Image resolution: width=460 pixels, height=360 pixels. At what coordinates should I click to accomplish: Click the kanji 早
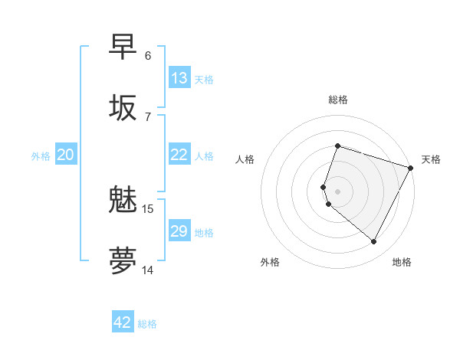coord(123,47)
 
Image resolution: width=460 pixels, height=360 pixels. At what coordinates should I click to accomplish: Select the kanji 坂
coord(123,106)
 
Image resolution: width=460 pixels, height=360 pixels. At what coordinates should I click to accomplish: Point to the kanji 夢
coord(123,260)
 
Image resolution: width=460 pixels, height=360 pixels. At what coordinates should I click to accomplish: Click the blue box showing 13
coord(179,78)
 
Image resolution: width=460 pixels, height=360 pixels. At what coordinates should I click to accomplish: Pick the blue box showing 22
coord(179,155)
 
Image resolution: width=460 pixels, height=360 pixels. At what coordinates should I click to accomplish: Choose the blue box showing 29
coord(179,231)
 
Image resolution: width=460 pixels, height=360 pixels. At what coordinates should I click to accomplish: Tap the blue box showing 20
coord(66,155)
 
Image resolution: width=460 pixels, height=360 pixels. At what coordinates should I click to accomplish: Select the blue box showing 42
coord(123,322)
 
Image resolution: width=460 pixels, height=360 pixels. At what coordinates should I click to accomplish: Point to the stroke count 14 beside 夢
coord(148,270)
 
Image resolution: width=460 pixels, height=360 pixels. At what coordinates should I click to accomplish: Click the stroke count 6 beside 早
coord(148,56)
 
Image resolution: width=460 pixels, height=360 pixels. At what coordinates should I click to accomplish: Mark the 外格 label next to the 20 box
coord(41,156)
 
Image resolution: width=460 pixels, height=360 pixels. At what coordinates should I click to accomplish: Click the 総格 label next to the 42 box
coord(147,324)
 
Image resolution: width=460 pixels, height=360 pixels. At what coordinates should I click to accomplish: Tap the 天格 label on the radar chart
coord(431,159)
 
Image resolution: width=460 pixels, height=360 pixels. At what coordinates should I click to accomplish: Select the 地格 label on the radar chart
coord(402,262)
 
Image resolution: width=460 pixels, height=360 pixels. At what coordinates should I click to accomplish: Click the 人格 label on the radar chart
coord(245,159)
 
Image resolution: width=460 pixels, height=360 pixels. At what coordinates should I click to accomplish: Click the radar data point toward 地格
coord(374,242)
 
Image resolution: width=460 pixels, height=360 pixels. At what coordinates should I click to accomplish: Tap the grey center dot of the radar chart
coord(337,191)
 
